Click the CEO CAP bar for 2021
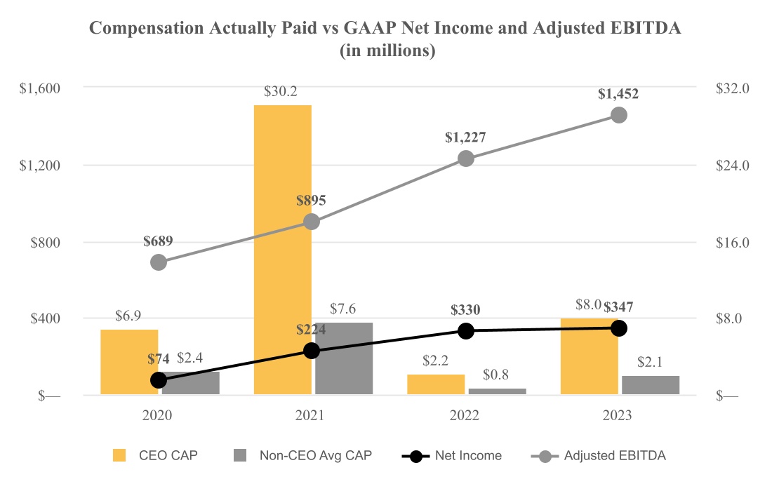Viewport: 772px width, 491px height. tap(283, 249)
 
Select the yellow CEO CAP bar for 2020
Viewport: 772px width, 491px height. tap(129, 361)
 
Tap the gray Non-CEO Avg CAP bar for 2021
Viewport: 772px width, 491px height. tap(344, 358)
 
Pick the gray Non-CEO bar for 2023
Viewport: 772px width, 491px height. tap(651, 385)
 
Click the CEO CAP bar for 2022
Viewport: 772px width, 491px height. tap(436, 384)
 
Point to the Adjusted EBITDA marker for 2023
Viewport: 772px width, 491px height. tap(618, 115)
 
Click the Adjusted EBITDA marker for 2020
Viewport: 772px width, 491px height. tap(159, 262)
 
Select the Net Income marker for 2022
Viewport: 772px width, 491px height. tap(466, 331)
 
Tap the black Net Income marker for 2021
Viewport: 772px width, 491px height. tap(312, 351)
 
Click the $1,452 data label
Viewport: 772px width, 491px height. tap(618, 93)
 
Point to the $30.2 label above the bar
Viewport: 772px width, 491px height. tap(283, 91)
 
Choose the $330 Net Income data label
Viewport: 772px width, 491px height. tap(466, 310)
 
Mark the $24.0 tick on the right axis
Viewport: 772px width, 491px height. tap(733, 166)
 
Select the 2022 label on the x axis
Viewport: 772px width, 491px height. tap(466, 415)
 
